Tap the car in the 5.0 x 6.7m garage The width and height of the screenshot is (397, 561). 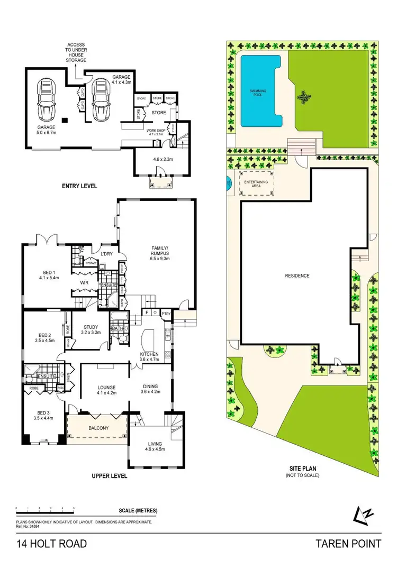47,102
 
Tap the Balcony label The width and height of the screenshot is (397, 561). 98,428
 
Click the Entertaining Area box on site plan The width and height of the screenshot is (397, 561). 255,183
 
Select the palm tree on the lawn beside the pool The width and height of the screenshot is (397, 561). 303,97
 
